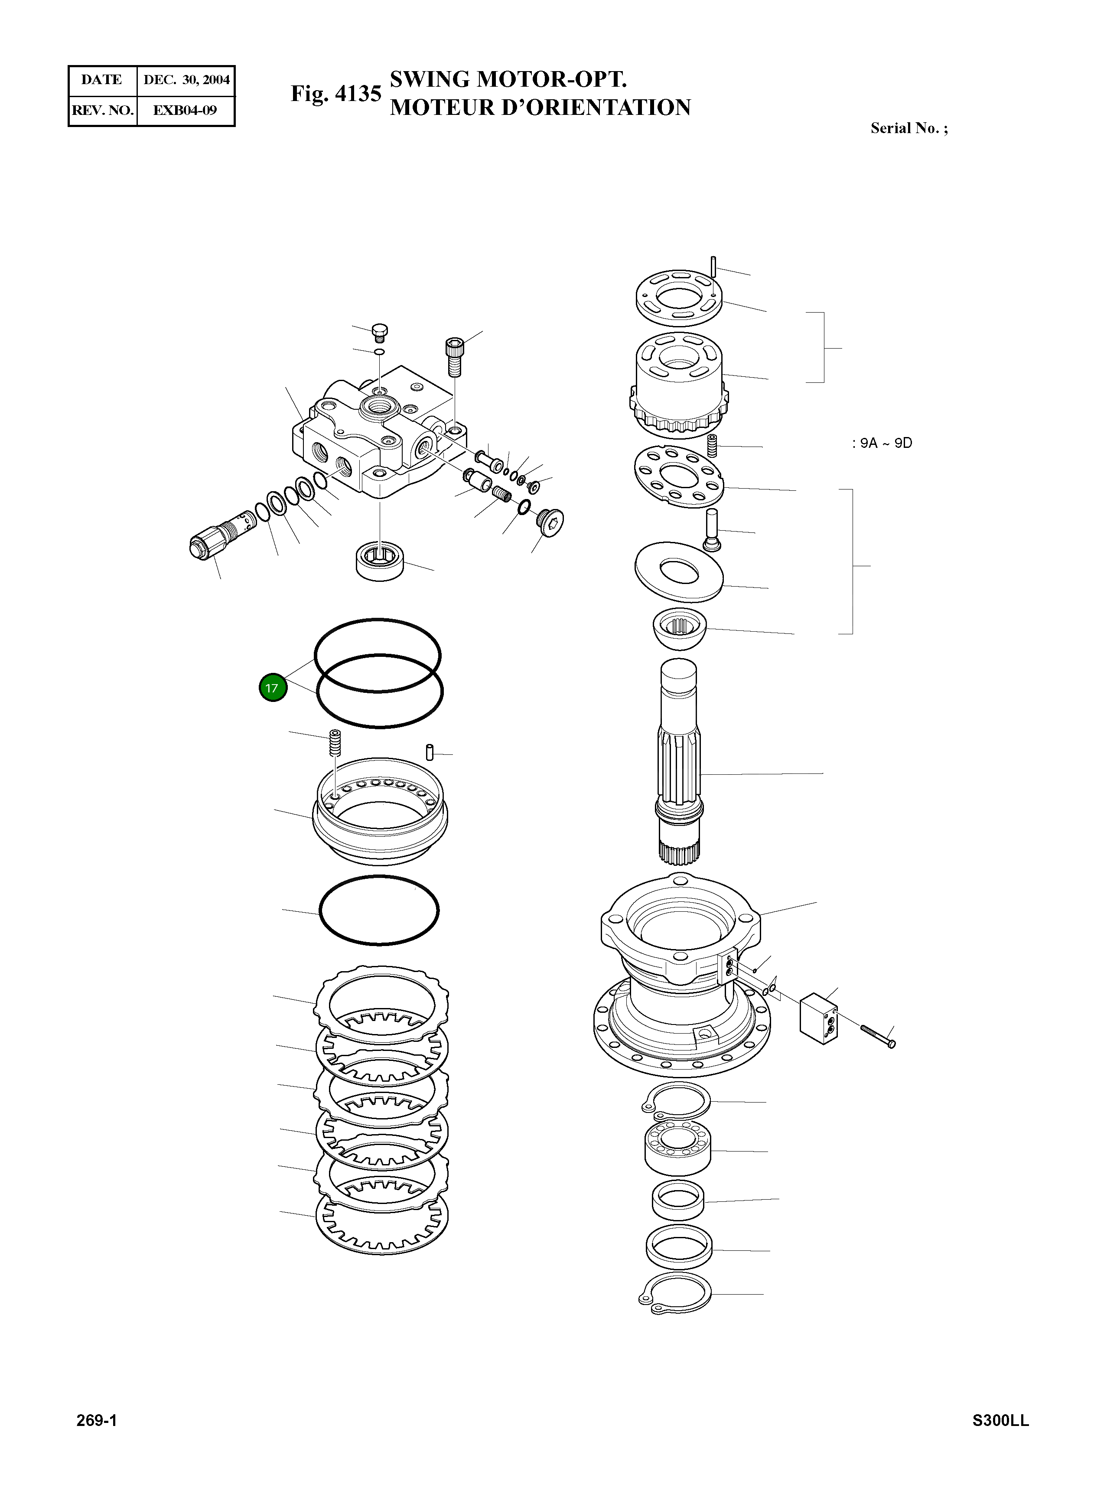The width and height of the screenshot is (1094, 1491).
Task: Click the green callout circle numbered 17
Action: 272,688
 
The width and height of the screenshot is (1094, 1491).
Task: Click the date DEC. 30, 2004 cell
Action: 186,80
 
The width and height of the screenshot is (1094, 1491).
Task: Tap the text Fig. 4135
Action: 336,94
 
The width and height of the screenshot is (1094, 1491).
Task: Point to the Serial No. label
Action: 908,128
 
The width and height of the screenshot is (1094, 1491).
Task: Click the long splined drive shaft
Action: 679,762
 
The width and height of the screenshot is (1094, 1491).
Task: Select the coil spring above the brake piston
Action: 335,743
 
